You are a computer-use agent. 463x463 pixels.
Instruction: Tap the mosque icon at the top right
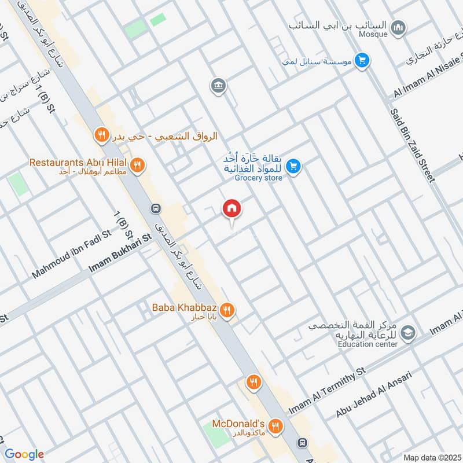(398, 27)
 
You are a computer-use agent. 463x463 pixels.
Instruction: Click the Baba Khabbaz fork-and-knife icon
(227, 310)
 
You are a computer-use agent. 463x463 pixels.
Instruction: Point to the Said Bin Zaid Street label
(412, 145)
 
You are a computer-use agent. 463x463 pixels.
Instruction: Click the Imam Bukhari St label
(120, 254)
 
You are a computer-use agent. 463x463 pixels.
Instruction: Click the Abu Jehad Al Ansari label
(374, 395)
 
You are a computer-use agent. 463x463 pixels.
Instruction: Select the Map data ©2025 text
(431, 457)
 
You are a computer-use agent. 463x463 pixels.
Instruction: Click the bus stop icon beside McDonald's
(302, 443)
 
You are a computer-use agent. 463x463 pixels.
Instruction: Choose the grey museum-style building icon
(219, 86)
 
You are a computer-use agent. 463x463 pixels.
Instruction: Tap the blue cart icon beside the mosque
(362, 60)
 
